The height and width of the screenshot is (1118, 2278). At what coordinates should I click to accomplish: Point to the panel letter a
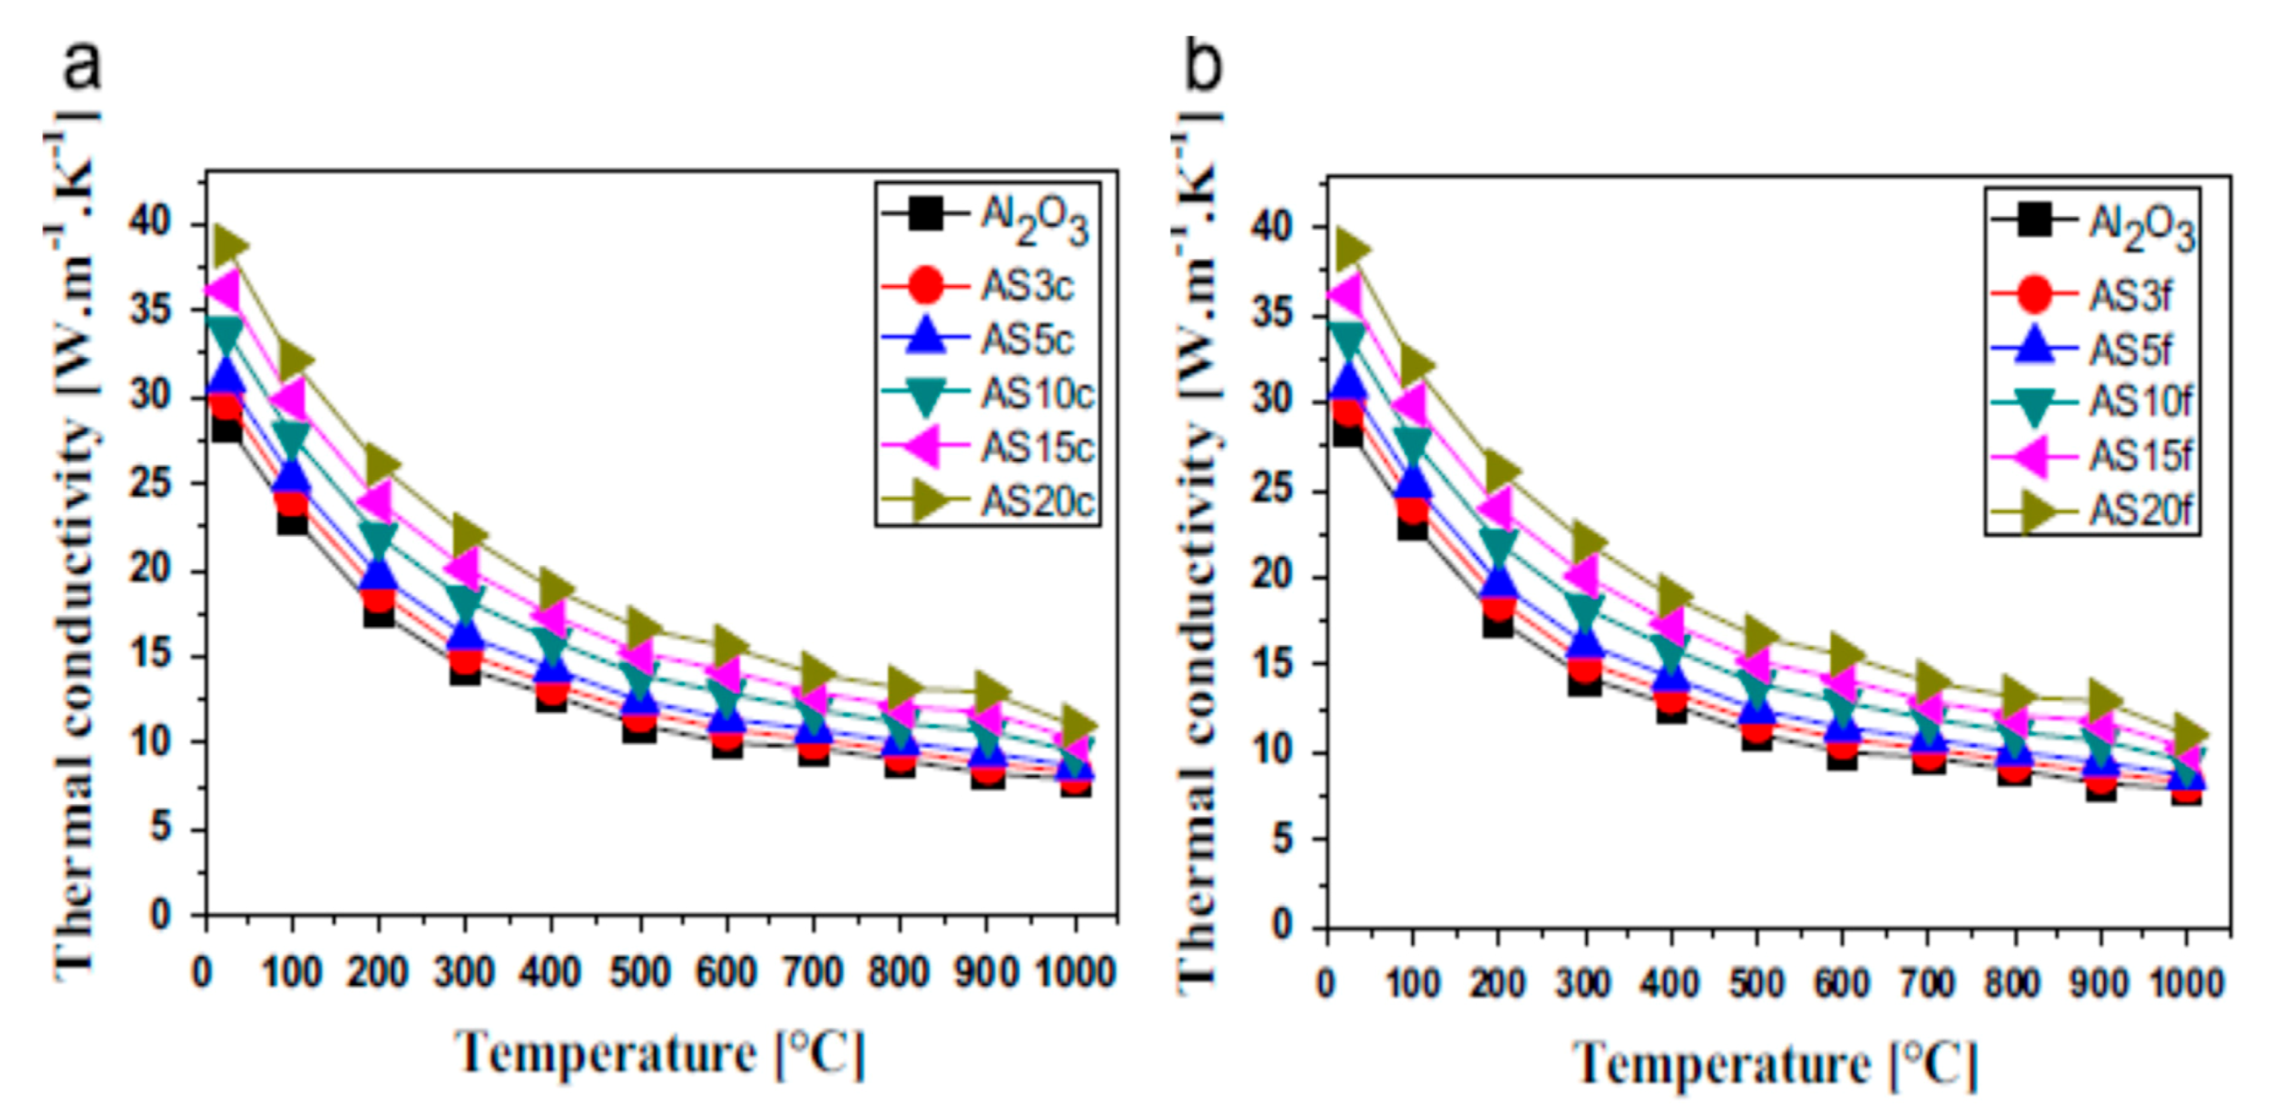82,66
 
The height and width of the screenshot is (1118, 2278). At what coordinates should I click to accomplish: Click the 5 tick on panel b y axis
1296,838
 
